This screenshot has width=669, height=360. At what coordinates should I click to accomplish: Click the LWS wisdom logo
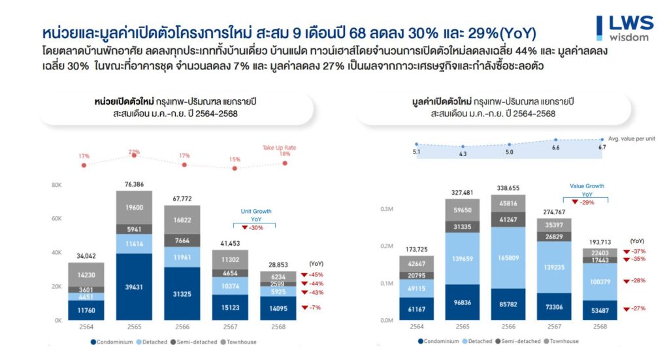pos(625,27)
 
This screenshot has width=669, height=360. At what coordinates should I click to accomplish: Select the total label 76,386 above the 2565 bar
pos(134,184)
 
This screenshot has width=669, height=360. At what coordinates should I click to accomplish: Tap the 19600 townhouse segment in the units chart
pos(134,207)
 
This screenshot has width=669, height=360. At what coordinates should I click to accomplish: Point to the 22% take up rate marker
pos(134,153)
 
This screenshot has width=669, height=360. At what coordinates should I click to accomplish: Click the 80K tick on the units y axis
pos(56,185)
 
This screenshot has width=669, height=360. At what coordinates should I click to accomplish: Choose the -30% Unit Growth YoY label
pos(255,227)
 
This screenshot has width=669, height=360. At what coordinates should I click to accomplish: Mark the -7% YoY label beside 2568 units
pos(315,307)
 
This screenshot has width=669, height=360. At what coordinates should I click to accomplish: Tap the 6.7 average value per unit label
pos(602,148)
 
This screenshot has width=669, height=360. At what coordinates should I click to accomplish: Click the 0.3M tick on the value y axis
pos(387,209)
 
